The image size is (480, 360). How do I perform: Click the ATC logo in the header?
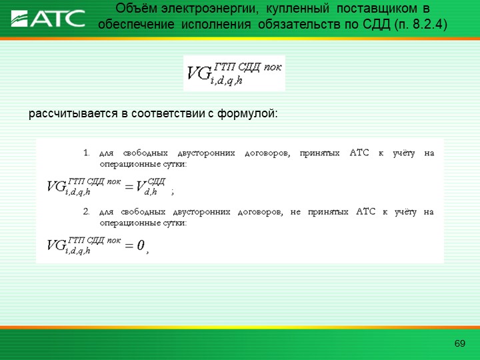pos(48,19)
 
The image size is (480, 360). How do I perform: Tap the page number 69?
pos(460,343)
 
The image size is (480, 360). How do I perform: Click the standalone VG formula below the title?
pos(234,73)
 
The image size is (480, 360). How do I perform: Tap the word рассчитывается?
pos(73,114)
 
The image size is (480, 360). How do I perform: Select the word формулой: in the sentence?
pos(247,114)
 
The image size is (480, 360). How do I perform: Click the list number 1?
pos(86,153)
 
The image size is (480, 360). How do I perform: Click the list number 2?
pos(86,211)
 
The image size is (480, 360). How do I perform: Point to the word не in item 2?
pos(295,212)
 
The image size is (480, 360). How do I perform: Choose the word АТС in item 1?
pos(359,153)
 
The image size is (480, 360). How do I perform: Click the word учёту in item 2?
pos(405,212)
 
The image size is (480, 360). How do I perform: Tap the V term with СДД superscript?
pos(150,186)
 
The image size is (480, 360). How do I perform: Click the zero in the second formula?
pos(140,245)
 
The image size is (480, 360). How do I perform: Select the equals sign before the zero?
pos(129,245)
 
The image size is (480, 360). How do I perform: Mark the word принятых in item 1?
pos(319,153)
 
